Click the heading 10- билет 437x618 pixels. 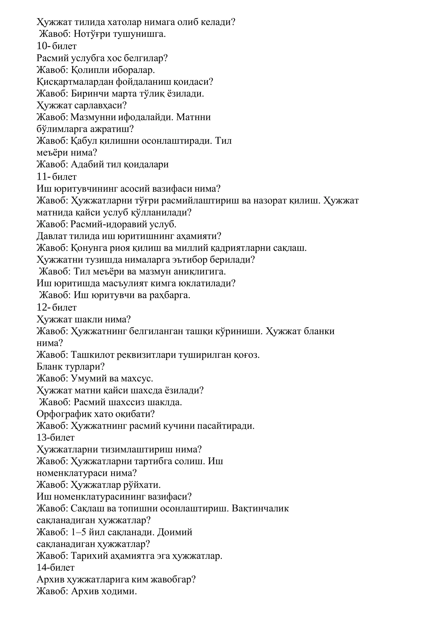pos(57,46)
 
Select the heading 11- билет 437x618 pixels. pos(57,177)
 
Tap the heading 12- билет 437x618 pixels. pos(57,307)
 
